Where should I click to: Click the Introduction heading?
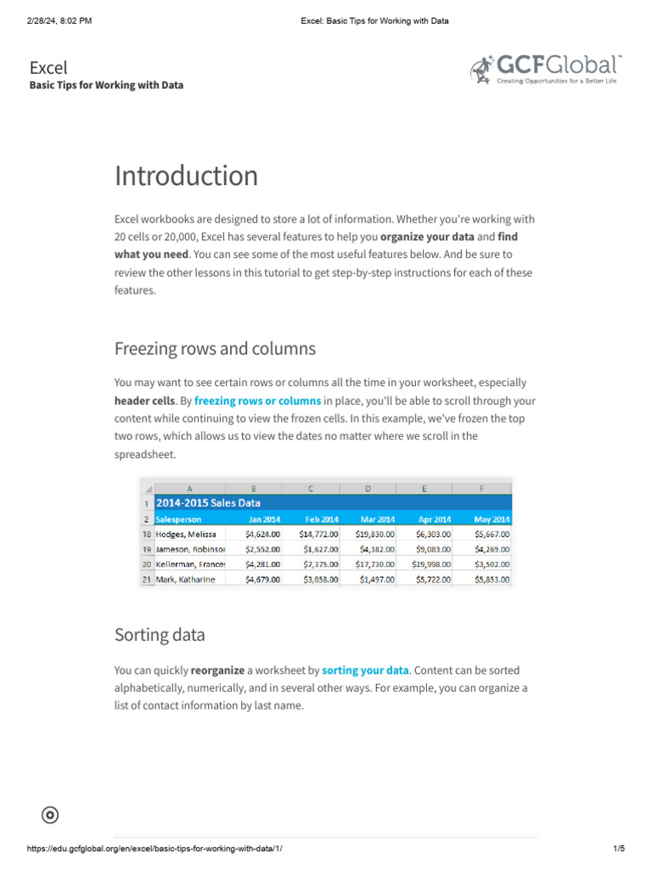click(x=186, y=176)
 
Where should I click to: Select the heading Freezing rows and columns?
click(x=215, y=349)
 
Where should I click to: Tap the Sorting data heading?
click(x=160, y=635)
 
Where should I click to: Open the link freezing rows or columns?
click(x=257, y=401)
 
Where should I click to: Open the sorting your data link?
click(x=365, y=670)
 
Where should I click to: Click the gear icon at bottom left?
click(x=50, y=816)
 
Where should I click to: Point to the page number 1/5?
click(x=618, y=849)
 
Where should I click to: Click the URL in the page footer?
click(x=155, y=849)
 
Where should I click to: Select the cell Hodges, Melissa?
click(x=186, y=535)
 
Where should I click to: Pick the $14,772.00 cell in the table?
click(x=318, y=535)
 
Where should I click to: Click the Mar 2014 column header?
click(x=376, y=519)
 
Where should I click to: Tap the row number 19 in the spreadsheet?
click(x=147, y=550)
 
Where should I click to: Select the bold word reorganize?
click(x=217, y=670)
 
